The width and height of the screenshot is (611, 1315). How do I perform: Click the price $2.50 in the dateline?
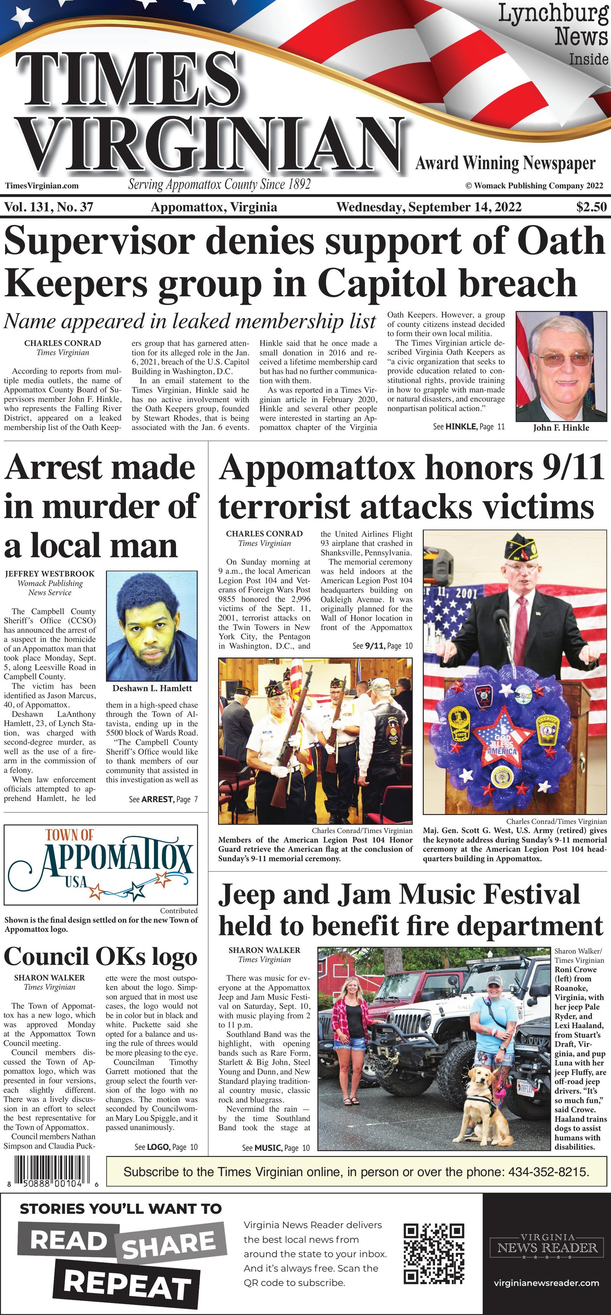point(591,207)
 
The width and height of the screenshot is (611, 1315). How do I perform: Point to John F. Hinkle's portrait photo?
point(561,366)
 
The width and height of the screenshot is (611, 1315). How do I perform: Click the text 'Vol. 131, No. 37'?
point(48,207)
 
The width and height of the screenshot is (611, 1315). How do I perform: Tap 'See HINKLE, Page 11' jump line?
point(468,427)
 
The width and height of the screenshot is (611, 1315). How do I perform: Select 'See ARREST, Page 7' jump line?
point(163,799)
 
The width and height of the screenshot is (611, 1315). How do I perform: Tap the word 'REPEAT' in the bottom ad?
point(128,1284)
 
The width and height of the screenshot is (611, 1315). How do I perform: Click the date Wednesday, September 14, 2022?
point(429,207)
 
